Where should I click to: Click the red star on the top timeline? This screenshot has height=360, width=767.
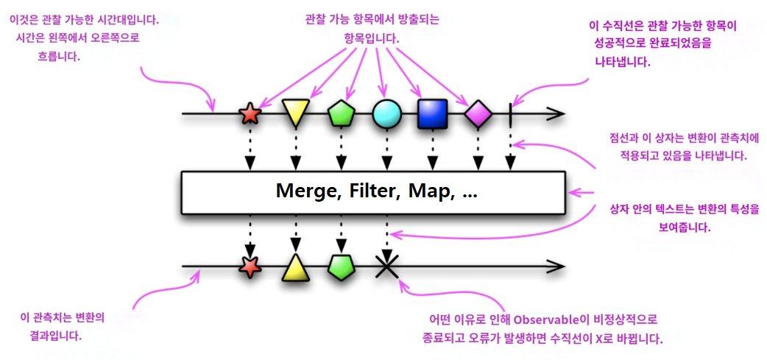pos(250,114)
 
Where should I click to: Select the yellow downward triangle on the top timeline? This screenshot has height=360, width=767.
pos(294,113)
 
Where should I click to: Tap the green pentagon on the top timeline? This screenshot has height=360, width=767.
pos(341,113)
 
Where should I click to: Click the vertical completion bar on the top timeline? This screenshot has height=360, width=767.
pos(509,114)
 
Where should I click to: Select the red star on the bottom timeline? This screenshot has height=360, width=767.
pos(250,266)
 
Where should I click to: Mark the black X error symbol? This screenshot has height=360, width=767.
pos(385,266)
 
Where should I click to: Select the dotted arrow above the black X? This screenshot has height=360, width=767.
pos(385,232)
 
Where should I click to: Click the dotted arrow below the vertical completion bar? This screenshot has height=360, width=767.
pos(509,151)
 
